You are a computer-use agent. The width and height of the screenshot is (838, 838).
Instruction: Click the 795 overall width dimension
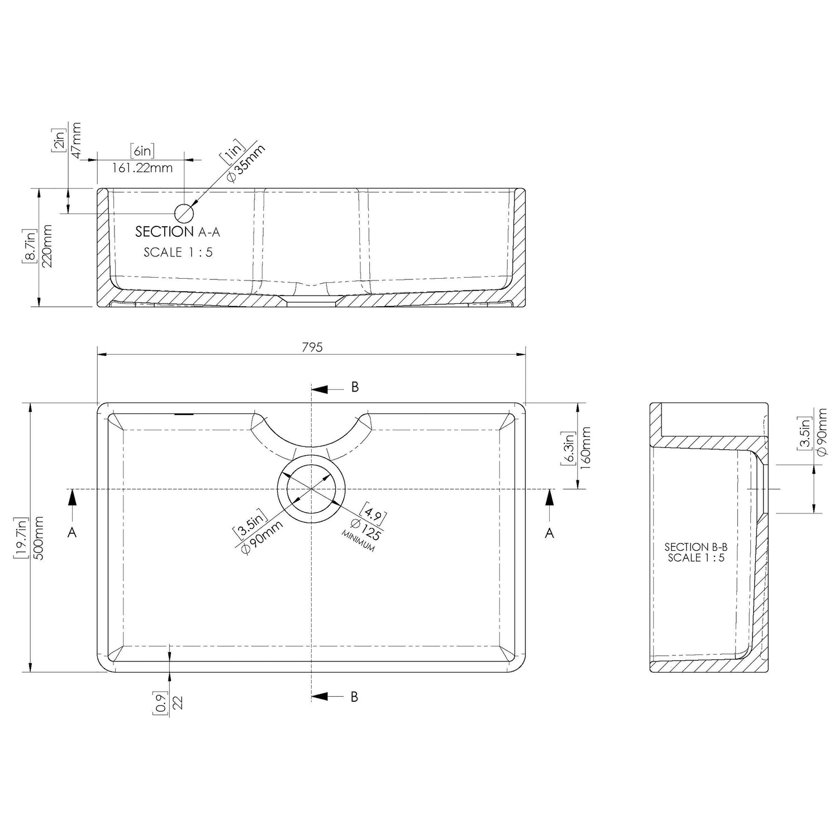pos(312,347)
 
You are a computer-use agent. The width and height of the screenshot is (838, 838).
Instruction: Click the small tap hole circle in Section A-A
pos(184,213)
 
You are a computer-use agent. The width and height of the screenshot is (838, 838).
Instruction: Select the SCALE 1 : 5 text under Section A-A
pos(178,252)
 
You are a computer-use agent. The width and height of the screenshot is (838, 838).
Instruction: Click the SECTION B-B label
pos(696,547)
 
